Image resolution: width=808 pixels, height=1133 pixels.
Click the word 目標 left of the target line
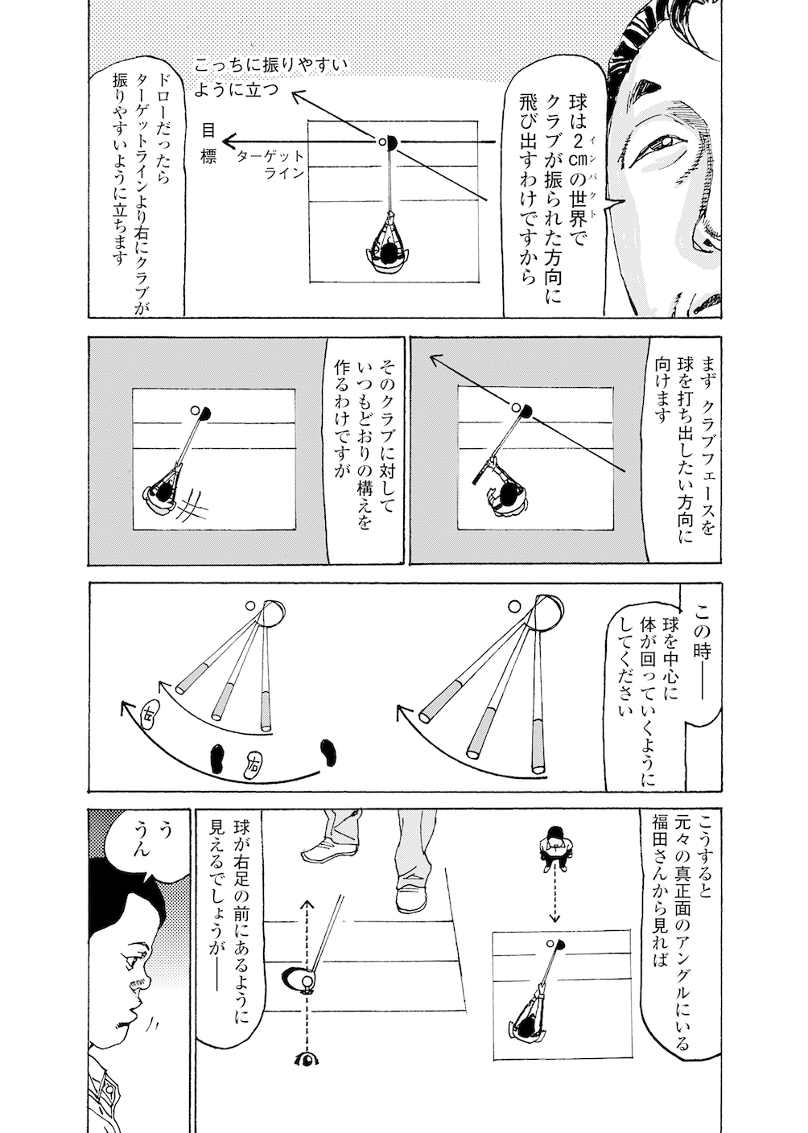click(x=208, y=142)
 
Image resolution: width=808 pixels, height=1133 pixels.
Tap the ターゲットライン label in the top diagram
click(x=270, y=163)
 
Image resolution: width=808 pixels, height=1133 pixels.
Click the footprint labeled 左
click(x=149, y=712)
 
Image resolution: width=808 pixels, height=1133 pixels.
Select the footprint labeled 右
click(x=254, y=760)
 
